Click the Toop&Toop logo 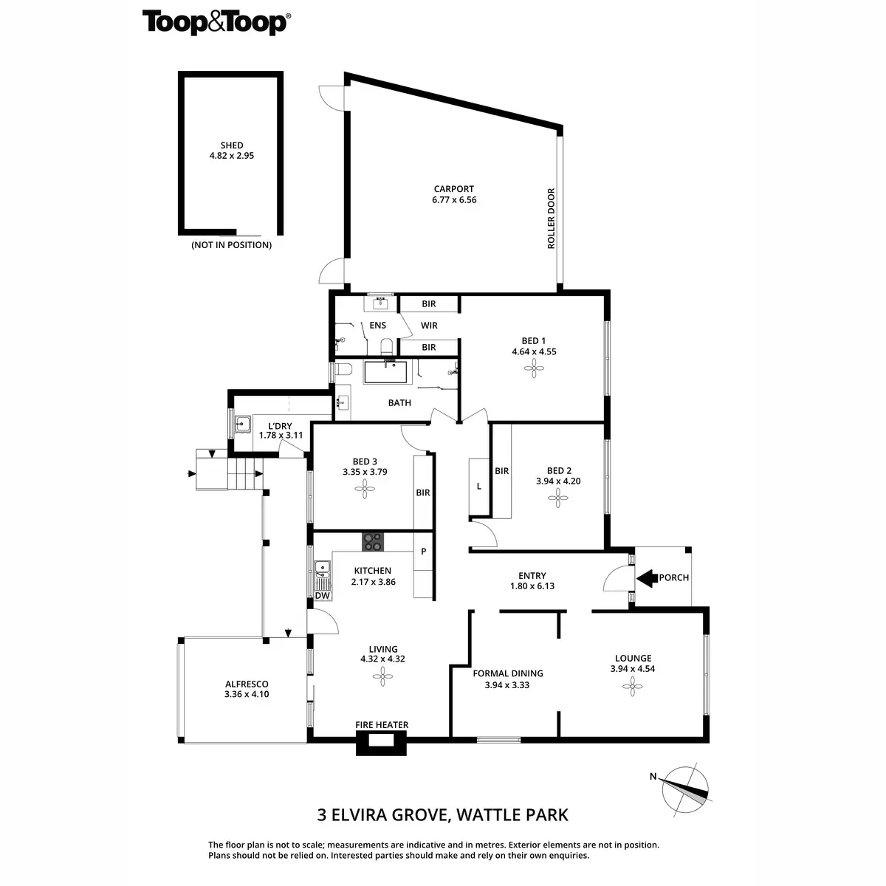click(x=215, y=22)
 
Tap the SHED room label click(x=232, y=145)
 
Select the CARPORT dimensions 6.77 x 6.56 click(x=454, y=200)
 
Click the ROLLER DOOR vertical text click(x=551, y=219)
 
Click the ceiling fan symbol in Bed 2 click(x=558, y=499)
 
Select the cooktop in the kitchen click(x=373, y=542)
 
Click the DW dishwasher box click(x=322, y=596)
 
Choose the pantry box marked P click(x=424, y=551)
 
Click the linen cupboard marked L click(x=479, y=487)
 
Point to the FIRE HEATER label click(x=382, y=725)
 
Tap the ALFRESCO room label click(x=247, y=684)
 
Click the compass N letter click(x=653, y=776)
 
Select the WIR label click(x=429, y=326)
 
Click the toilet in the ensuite click(x=385, y=346)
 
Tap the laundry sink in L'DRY click(x=243, y=425)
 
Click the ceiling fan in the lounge click(x=632, y=687)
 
